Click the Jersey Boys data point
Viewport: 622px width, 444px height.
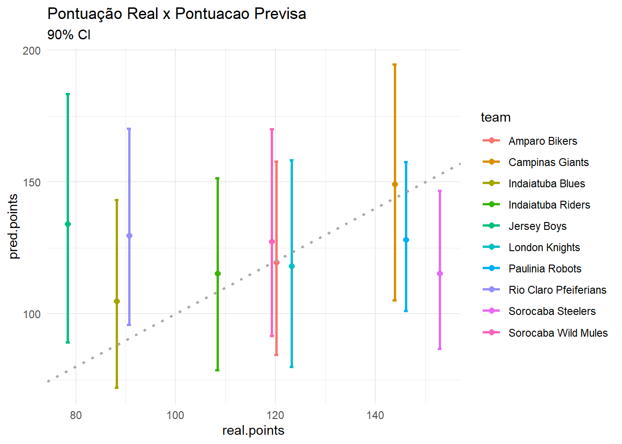(68, 224)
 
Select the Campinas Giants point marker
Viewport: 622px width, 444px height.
(395, 185)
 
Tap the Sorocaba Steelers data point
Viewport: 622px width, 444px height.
(440, 274)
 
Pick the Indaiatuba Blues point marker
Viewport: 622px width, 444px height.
(117, 302)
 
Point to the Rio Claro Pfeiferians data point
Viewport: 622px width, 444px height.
(129, 236)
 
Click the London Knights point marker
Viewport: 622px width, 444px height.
(292, 266)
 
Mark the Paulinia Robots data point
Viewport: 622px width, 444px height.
(406, 240)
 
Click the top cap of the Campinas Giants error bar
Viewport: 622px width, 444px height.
(395, 65)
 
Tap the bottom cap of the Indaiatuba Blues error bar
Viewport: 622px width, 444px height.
(117, 388)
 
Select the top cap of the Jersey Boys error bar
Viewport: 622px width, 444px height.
(68, 94)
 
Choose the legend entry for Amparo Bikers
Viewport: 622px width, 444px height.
(542, 141)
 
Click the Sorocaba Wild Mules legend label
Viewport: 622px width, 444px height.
(558, 333)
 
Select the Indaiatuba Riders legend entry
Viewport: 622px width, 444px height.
(549, 205)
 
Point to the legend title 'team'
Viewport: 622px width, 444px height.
(496, 117)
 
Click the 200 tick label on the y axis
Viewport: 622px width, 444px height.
(32, 50)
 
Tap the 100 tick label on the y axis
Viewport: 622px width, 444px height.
(32, 314)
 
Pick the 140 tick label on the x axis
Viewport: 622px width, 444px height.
(375, 415)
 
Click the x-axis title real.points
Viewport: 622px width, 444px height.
(253, 431)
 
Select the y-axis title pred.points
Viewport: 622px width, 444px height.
(13, 227)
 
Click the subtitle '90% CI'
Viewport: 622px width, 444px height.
(69, 35)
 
